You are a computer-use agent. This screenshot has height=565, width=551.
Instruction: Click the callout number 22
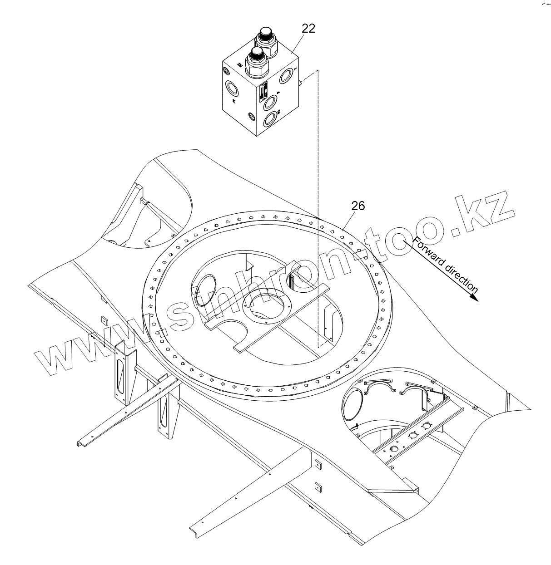[308, 29]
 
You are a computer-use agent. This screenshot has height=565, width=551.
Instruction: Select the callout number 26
[358, 206]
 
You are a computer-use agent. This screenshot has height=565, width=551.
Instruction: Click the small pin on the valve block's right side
[301, 83]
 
